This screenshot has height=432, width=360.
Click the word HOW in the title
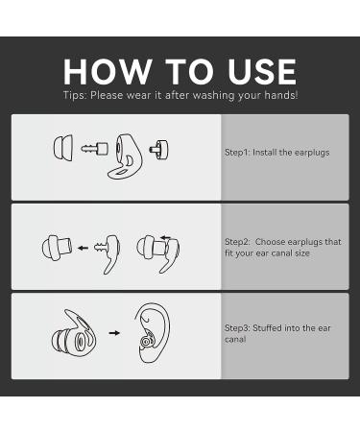(x=108, y=72)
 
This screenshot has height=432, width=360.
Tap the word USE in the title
(x=262, y=72)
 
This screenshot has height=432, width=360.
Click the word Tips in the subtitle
(x=75, y=95)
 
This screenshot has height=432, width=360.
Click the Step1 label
(x=237, y=153)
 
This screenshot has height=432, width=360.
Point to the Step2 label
(x=237, y=242)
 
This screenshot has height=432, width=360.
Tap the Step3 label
(x=237, y=328)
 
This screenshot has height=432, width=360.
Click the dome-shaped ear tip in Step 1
(x=63, y=147)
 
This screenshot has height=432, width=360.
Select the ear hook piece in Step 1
(x=124, y=156)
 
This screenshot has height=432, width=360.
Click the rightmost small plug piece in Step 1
(x=159, y=149)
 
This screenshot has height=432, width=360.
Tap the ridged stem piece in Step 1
(x=94, y=149)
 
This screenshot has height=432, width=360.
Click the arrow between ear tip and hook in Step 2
(x=83, y=248)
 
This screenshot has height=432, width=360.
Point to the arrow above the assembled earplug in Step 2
(x=165, y=238)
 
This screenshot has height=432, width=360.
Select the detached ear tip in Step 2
(x=57, y=248)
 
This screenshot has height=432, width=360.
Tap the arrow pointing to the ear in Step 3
(x=114, y=333)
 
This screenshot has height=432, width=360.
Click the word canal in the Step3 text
(x=235, y=339)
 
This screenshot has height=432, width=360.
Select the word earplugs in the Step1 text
(x=312, y=153)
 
